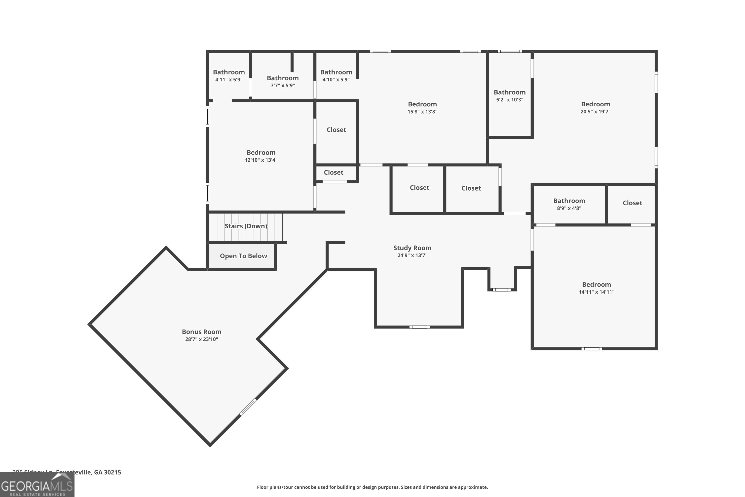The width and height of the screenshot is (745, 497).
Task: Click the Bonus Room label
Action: (x=201, y=332)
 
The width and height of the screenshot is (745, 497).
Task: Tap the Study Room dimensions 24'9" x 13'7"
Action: (x=412, y=255)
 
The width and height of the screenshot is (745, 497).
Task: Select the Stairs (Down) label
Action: (x=246, y=226)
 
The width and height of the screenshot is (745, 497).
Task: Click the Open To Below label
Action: (x=243, y=256)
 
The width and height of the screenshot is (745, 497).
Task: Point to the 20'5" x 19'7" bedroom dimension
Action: (x=595, y=112)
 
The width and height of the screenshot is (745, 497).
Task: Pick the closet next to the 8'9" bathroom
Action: (x=632, y=203)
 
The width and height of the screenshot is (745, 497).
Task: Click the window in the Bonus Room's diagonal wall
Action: (x=248, y=407)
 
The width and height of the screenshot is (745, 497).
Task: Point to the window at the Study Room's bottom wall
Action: (x=419, y=327)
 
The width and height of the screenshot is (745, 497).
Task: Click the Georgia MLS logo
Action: (x=37, y=485)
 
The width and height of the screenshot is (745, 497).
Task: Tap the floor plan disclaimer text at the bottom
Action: (x=372, y=487)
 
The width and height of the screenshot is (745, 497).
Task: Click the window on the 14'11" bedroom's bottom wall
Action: (x=591, y=349)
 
